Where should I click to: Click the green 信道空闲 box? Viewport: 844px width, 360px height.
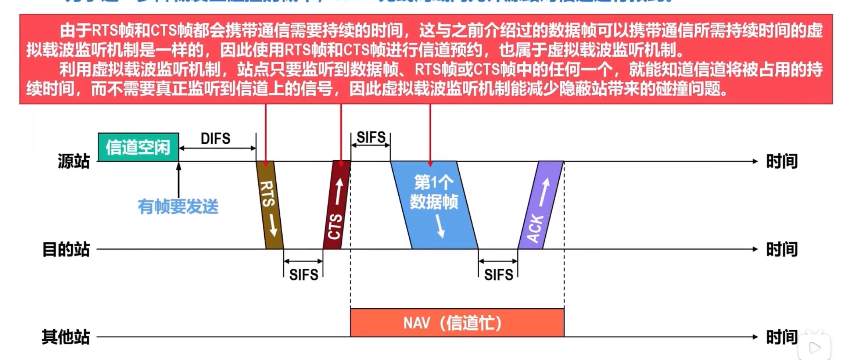click(138, 147)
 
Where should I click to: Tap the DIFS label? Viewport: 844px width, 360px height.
click(215, 139)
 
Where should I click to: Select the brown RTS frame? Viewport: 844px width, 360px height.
click(270, 205)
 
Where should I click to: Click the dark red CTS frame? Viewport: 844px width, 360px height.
click(337, 205)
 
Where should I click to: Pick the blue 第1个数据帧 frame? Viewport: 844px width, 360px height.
click(434, 205)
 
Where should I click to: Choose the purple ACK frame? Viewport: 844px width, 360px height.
click(541, 205)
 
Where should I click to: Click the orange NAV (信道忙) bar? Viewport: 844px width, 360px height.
click(457, 323)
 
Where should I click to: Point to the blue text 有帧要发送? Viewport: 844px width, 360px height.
click(178, 207)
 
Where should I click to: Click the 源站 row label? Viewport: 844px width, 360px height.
click(74, 161)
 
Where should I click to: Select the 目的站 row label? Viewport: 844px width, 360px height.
click(66, 250)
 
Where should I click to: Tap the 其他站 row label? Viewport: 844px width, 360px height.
click(66, 337)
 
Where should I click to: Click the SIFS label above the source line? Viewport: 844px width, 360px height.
click(371, 138)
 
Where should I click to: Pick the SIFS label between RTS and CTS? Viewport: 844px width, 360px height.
click(303, 275)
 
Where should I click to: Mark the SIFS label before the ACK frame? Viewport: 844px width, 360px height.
click(498, 275)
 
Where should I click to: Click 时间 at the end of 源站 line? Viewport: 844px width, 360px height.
click(782, 161)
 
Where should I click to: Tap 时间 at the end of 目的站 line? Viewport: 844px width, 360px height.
click(782, 250)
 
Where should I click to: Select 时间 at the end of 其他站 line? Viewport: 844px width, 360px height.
click(782, 337)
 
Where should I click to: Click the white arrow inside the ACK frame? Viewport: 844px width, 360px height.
click(544, 192)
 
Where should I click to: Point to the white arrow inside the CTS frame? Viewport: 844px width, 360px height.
click(339, 191)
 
